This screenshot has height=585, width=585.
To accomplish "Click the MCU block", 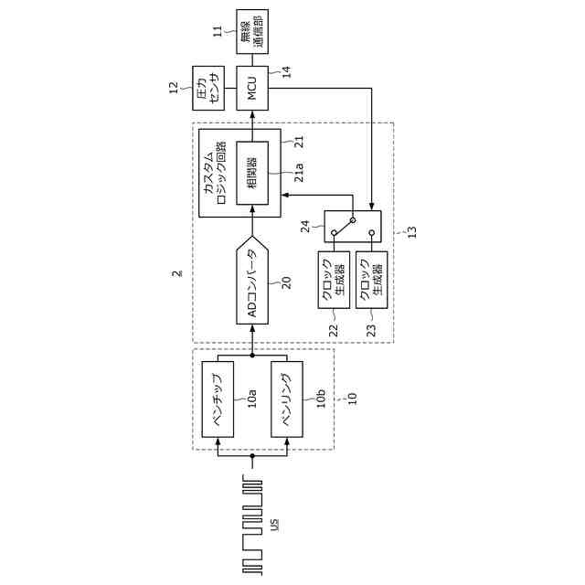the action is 253,89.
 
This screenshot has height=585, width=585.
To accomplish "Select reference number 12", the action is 173,88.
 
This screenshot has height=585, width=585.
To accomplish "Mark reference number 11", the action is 218,30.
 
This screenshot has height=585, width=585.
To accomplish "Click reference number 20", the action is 286,282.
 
